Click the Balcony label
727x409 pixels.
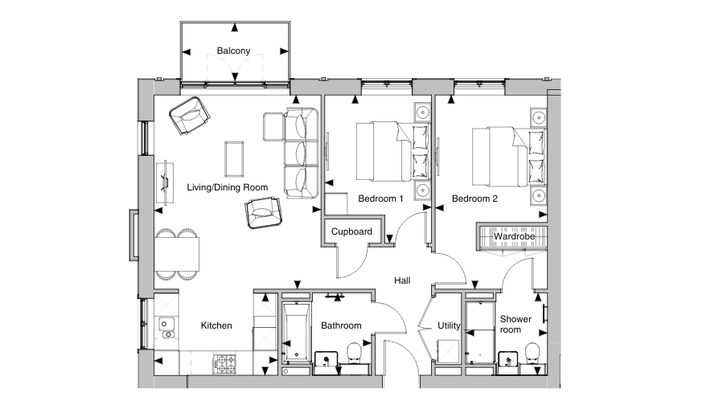tap(233, 51)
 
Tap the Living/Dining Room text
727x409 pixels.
tap(227, 187)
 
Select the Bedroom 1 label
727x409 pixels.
tap(380, 198)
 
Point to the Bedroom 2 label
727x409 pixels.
tap(474, 198)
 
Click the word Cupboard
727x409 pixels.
tap(351, 231)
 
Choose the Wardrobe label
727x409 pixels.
tap(515, 236)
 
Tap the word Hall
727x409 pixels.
tap(402, 280)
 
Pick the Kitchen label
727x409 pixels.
tap(216, 325)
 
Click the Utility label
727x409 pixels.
tap(448, 325)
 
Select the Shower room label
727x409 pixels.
tap(515, 324)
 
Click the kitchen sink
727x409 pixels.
tap(166, 325)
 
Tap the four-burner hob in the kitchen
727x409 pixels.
tap(223, 362)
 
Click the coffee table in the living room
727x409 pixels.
tap(236, 157)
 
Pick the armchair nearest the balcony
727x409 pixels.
tap(189, 117)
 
